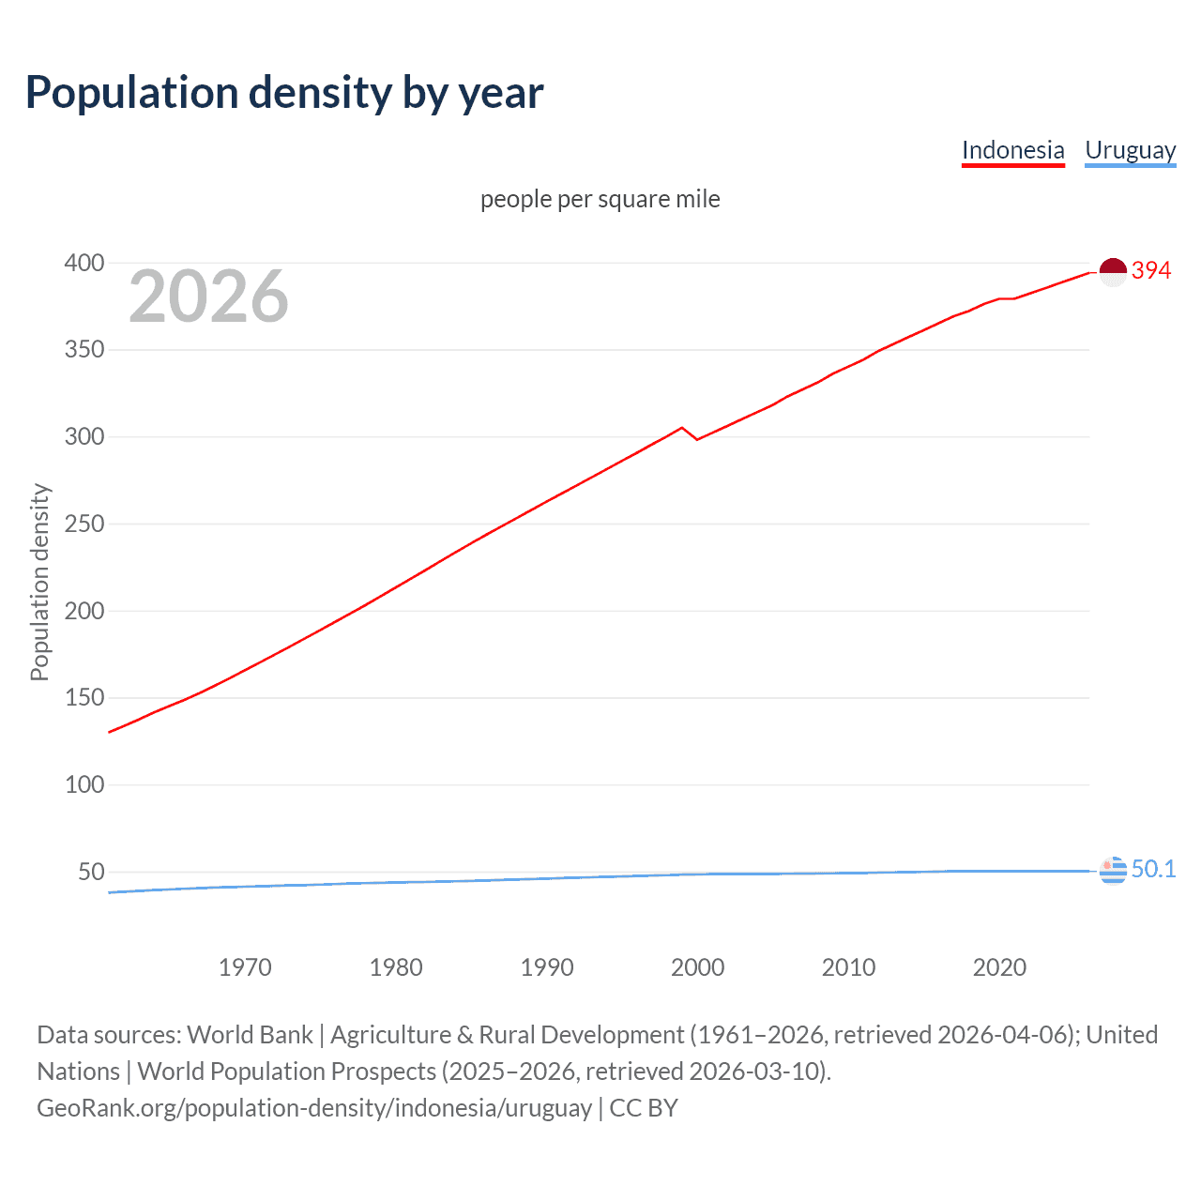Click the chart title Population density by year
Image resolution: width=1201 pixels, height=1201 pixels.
point(284,92)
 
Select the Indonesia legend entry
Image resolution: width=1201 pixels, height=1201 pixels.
point(1012,150)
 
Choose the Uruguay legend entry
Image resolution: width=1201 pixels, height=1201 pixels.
point(1130,150)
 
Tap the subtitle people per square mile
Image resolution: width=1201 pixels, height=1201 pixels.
point(600,199)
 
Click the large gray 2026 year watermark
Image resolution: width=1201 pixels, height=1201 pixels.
point(208,296)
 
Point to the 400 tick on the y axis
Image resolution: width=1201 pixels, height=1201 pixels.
point(84,263)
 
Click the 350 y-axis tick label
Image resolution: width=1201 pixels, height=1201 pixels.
point(84,350)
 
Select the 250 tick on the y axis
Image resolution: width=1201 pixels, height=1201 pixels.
point(84,524)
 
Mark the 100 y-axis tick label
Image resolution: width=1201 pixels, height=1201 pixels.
point(84,784)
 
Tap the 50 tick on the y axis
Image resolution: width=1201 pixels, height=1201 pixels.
point(91,872)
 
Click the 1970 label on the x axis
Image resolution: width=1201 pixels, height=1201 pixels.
point(245,967)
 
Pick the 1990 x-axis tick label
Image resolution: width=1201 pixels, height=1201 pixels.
point(547,967)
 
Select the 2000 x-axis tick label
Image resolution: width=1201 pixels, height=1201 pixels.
point(697,967)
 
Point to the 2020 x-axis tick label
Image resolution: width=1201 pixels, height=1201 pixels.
point(999,967)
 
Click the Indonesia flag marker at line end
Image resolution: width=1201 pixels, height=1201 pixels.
point(1113,272)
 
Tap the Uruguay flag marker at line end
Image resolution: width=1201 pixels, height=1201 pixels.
point(1113,871)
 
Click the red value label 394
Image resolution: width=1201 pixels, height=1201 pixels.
point(1151,270)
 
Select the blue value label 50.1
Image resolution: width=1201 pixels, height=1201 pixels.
point(1153,869)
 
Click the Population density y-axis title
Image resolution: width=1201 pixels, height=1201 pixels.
point(39,582)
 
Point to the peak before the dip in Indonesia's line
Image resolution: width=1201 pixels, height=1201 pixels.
point(682,428)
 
